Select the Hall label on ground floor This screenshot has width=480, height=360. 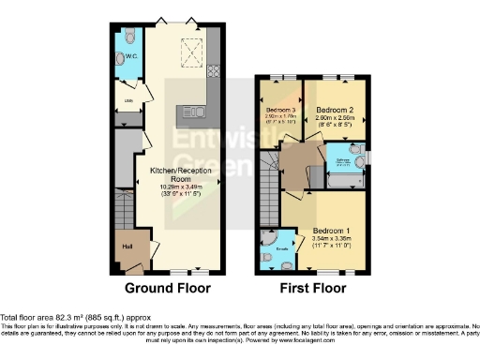click(x=125, y=247)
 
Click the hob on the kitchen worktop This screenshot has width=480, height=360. click(x=214, y=69)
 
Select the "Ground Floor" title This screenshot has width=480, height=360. click(x=167, y=288)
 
